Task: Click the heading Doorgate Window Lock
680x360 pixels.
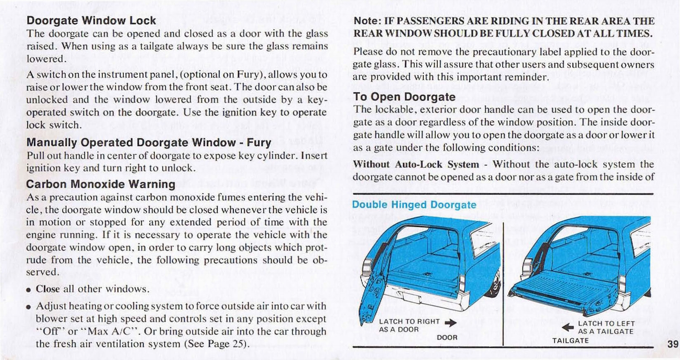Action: (91, 20)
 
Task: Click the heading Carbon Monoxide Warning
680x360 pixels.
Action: (100, 184)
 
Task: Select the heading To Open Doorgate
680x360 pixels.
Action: (404, 97)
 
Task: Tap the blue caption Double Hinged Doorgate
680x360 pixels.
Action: (414, 204)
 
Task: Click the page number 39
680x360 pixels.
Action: (672, 344)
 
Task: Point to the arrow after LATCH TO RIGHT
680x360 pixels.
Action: (450, 323)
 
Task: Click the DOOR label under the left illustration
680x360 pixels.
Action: (447, 337)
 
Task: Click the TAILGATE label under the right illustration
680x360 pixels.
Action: (570, 340)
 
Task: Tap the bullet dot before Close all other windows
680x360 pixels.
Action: (28, 290)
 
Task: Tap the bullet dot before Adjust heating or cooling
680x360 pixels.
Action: (28, 307)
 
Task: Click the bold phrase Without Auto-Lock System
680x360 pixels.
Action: (416, 164)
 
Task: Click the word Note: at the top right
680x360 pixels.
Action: (367, 21)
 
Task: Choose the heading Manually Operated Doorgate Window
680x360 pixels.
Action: (131, 142)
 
